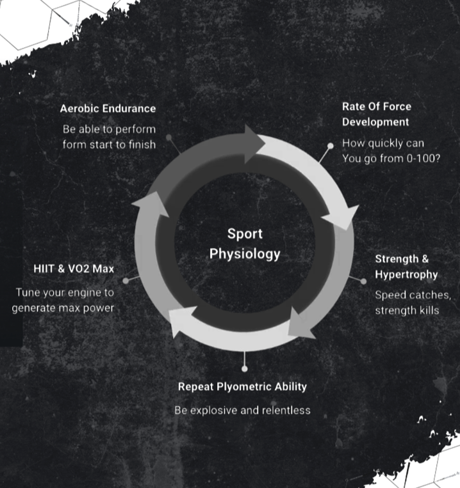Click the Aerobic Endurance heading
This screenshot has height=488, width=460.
click(108, 109)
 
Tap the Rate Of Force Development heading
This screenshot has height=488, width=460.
click(376, 114)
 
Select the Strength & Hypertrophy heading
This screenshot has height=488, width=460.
click(406, 267)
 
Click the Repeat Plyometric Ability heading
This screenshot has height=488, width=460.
click(242, 386)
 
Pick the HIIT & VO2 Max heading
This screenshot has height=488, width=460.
click(74, 269)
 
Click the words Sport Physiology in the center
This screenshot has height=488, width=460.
click(245, 244)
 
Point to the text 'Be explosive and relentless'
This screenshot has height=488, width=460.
click(242, 410)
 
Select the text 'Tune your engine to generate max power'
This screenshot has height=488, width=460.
click(64, 301)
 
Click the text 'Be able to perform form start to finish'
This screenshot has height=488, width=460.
click(109, 136)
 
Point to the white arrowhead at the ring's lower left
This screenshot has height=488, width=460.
click(180, 323)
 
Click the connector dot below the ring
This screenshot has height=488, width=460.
click(244, 368)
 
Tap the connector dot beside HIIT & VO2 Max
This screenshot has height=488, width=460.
click(126, 280)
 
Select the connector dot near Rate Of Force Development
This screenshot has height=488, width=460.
click(331, 146)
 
